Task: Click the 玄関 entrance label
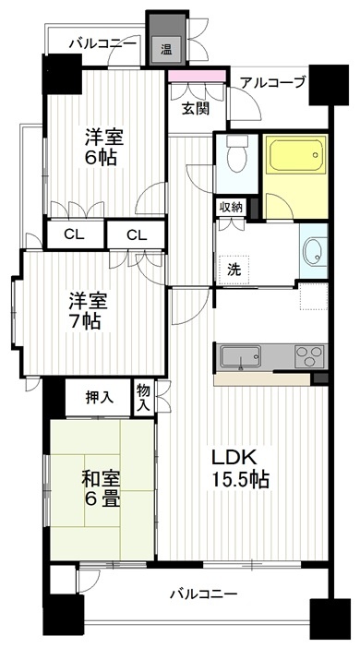point(197,108)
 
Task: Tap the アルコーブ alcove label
point(273,82)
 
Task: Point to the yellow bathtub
point(295,154)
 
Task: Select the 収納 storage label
point(231,208)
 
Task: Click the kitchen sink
point(240,356)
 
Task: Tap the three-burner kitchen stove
point(309,355)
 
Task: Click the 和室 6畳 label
point(101,490)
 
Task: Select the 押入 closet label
point(99,398)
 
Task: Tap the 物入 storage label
point(143,397)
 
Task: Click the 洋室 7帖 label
point(88,311)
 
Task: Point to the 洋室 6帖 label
point(103,148)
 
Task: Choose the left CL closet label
point(75,235)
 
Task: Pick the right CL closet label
point(137,235)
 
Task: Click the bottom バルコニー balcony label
point(204,594)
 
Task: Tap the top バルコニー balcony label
point(102,43)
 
